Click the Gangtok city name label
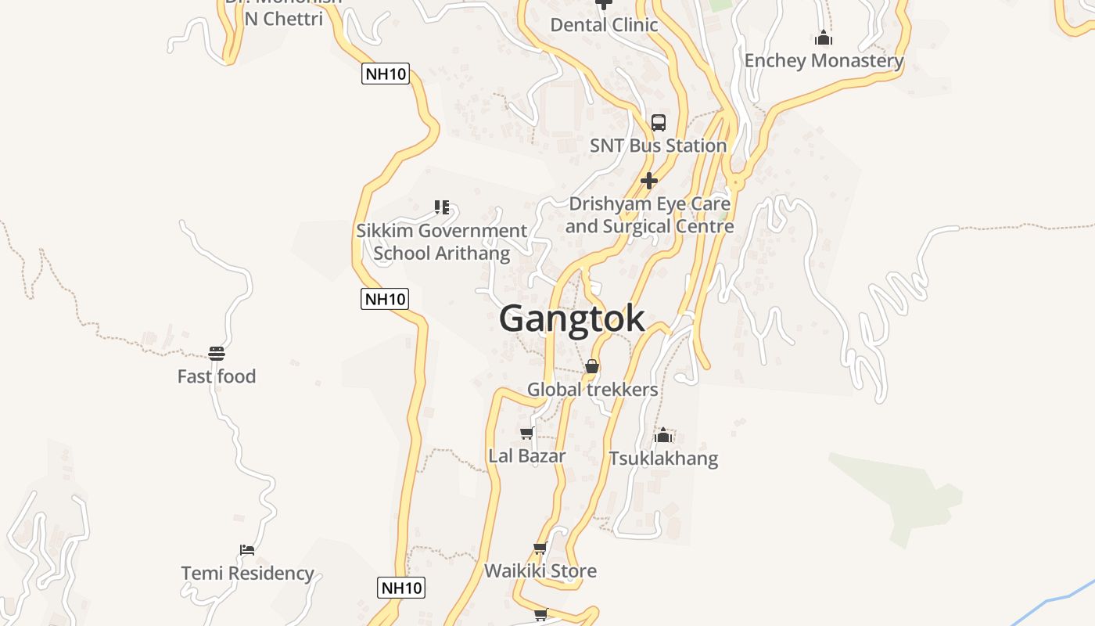pyautogui.click(x=572, y=318)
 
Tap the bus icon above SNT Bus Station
pyautogui.click(x=659, y=123)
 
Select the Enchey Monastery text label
pyautogui.click(x=824, y=60)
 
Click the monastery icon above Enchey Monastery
pyautogui.click(x=823, y=38)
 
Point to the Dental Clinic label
pyautogui.click(x=604, y=25)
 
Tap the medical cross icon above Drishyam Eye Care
pyautogui.click(x=648, y=182)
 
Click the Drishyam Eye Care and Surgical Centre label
pyautogui.click(x=649, y=215)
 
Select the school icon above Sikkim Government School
pyautogui.click(x=442, y=207)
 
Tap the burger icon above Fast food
pyautogui.click(x=217, y=354)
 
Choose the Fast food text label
pyautogui.click(x=217, y=376)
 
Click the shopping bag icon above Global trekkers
pyautogui.click(x=592, y=366)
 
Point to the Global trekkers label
pyautogui.click(x=592, y=389)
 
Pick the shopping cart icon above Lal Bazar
pyautogui.click(x=526, y=433)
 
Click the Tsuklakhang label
pyautogui.click(x=663, y=458)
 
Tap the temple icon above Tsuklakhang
pyautogui.click(x=663, y=435)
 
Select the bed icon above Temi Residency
pyautogui.click(x=247, y=550)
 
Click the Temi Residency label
pyautogui.click(x=247, y=574)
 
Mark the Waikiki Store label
pyautogui.click(x=540, y=571)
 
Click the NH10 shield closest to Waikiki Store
pyautogui.click(x=401, y=588)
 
